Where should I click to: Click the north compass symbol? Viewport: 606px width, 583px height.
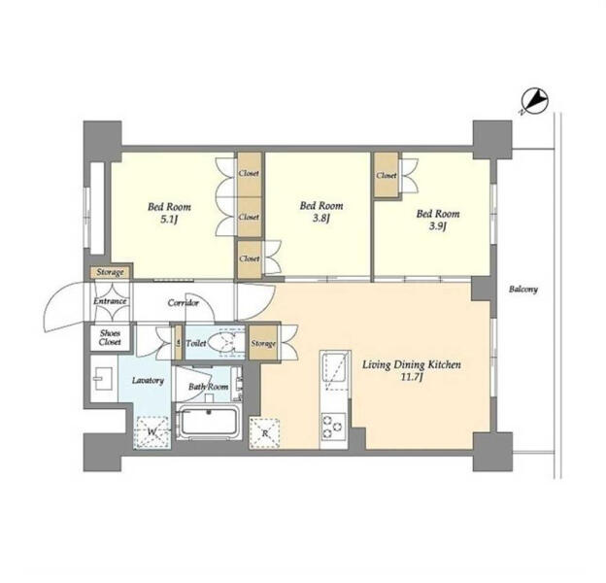(x=534, y=102)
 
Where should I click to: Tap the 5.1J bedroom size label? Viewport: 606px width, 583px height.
(x=169, y=221)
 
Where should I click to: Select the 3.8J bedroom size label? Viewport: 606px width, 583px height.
(x=321, y=220)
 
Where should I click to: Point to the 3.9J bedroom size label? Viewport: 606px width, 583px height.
(x=438, y=226)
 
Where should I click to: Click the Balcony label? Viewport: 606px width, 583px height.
(x=522, y=290)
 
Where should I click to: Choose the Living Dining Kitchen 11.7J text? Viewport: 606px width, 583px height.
(x=411, y=370)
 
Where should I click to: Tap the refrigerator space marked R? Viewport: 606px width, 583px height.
(x=265, y=433)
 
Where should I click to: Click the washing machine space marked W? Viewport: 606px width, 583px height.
(x=151, y=432)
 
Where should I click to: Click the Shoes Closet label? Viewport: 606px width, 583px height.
(x=110, y=338)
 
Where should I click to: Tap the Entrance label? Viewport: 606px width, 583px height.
(x=110, y=301)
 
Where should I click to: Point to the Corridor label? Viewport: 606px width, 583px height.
(x=184, y=303)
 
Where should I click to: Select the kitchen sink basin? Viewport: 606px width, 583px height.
(x=335, y=367)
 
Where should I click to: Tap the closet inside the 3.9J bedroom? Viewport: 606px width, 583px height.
(x=387, y=175)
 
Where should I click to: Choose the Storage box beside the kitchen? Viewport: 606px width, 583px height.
(x=263, y=343)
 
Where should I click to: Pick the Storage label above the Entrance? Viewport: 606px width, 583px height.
(x=110, y=272)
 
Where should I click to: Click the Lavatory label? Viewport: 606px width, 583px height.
(x=148, y=381)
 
